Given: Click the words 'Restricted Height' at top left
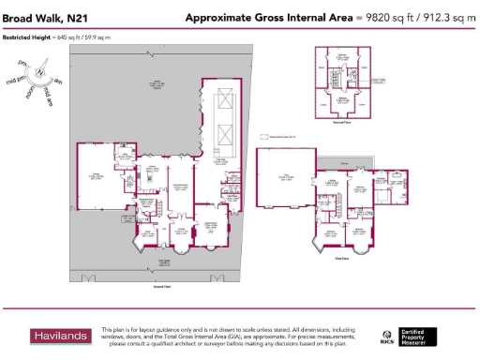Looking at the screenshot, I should [x=25, y=37].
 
